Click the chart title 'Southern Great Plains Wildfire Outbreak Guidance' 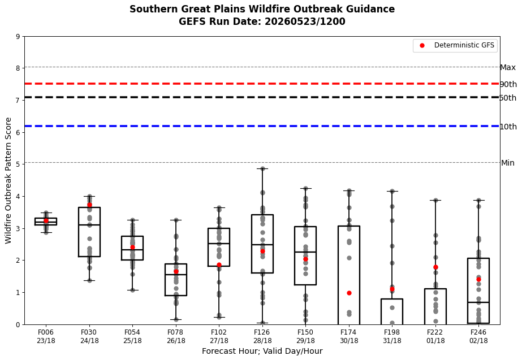click(x=262, y=9)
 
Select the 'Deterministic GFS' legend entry click(x=455, y=45)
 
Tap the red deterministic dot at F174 click(x=349, y=293)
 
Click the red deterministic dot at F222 click(x=435, y=267)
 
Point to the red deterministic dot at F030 click(x=89, y=205)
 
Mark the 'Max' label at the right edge click(x=508, y=68)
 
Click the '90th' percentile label click(x=508, y=84)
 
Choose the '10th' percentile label click(x=508, y=127)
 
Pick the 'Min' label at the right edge click(x=508, y=163)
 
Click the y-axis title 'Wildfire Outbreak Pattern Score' click(x=8, y=181)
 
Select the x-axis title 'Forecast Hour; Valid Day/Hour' click(x=262, y=351)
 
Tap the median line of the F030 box click(x=89, y=225)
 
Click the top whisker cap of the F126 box click(x=262, y=168)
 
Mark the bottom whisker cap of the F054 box click(x=132, y=290)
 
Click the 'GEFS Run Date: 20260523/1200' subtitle click(x=262, y=21)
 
